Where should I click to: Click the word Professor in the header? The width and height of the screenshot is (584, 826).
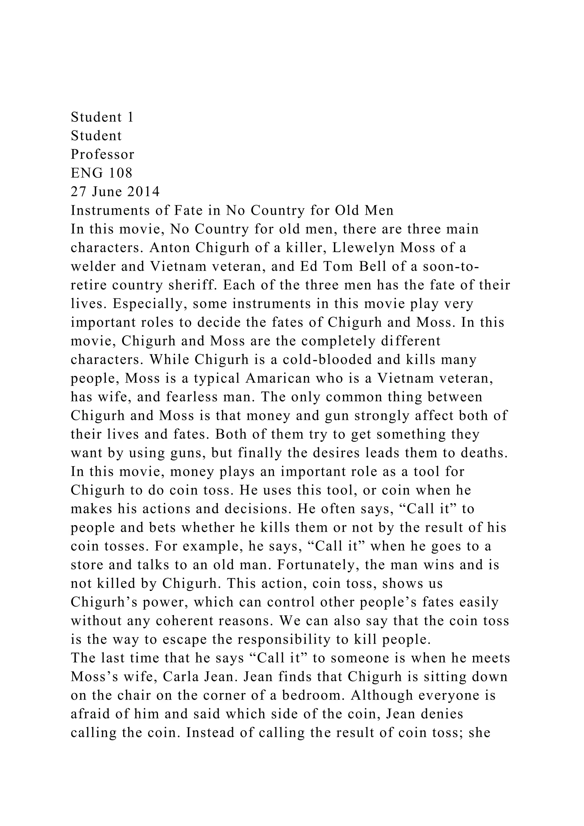[102, 154]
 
